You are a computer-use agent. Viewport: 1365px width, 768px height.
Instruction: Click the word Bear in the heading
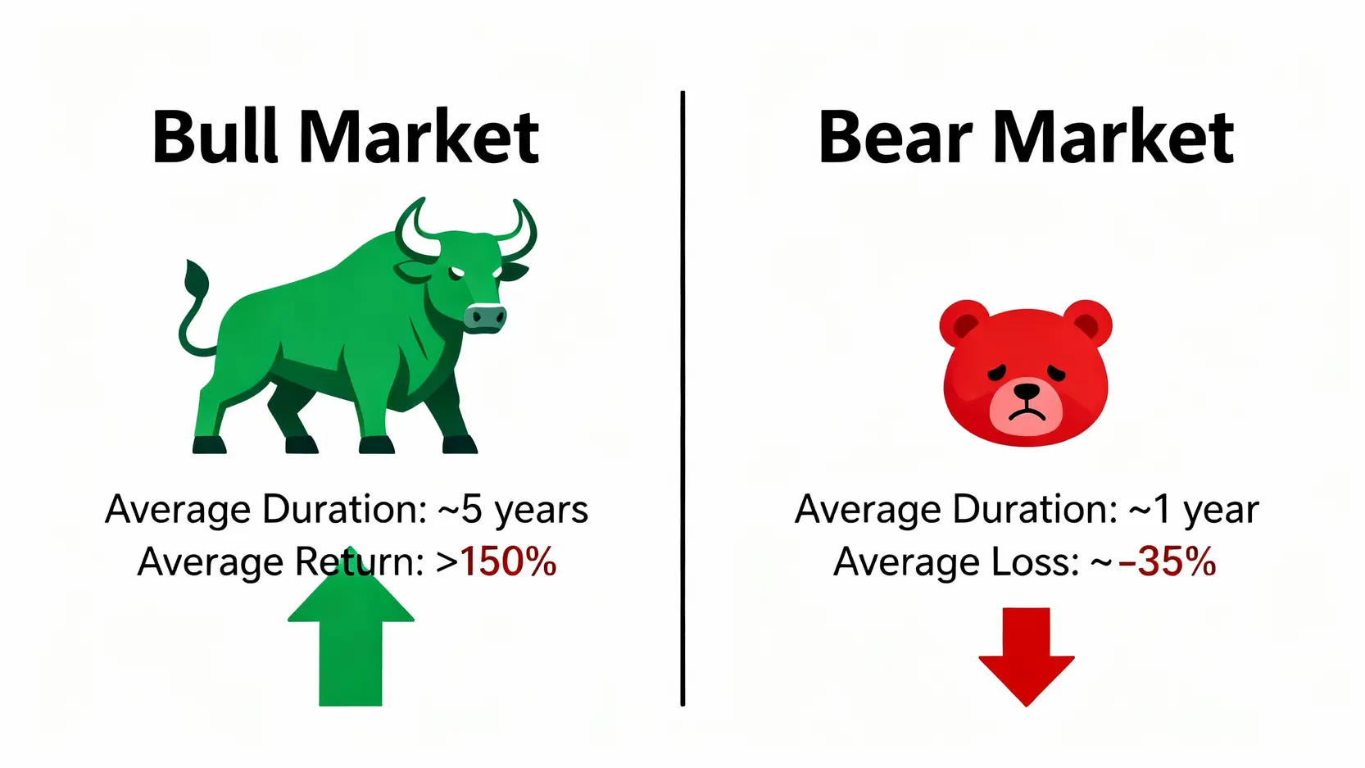(x=896, y=137)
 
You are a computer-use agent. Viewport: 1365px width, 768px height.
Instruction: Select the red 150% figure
(x=508, y=561)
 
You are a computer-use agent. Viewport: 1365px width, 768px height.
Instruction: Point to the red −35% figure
(x=1167, y=561)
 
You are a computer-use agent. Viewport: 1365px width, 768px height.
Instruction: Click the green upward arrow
(x=351, y=628)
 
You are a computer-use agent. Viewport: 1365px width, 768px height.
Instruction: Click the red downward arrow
(x=1027, y=657)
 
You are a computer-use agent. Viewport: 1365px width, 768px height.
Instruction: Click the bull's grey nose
(x=485, y=317)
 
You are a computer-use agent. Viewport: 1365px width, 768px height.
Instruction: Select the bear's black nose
(x=1027, y=391)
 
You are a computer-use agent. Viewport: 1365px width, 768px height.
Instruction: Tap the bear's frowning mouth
(x=1027, y=415)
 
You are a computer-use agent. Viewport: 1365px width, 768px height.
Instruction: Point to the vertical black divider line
(x=682, y=398)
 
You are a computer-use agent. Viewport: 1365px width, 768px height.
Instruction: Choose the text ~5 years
(x=513, y=510)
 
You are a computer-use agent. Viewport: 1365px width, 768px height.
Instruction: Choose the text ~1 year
(x=1194, y=510)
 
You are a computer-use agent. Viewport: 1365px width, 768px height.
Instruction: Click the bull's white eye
(x=456, y=273)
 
